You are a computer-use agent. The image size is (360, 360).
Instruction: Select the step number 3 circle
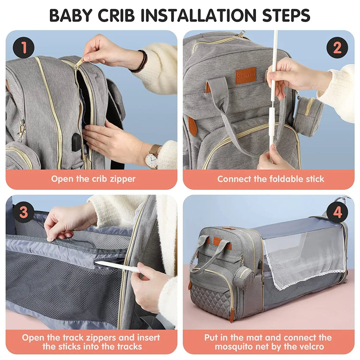pyautogui.click(x=24, y=212)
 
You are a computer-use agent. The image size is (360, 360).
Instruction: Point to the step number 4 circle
pyautogui.click(x=337, y=212)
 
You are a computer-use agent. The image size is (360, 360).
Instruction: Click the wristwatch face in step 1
pyautogui.click(x=151, y=159)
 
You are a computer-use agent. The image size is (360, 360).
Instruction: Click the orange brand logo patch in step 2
pyautogui.click(x=245, y=76)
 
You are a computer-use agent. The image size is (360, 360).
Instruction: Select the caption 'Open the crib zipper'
pyautogui.click(x=93, y=179)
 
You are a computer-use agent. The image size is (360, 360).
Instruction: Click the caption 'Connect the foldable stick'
pyautogui.click(x=270, y=179)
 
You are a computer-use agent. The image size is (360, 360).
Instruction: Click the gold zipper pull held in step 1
pyautogui.click(x=79, y=63)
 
